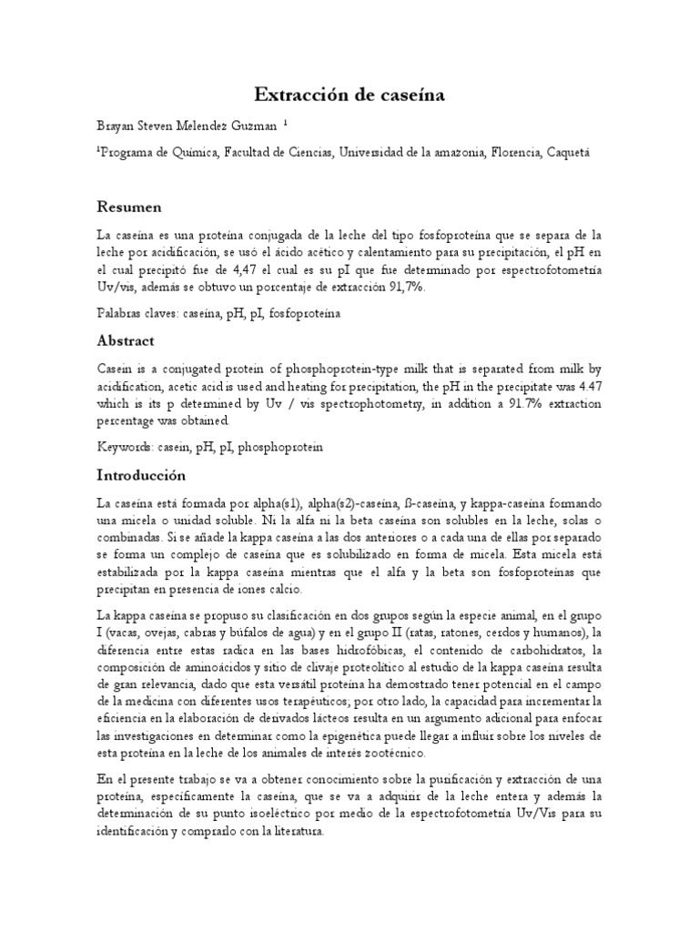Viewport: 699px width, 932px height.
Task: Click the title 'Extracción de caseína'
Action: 349,94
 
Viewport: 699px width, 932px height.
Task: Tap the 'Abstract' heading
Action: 126,340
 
